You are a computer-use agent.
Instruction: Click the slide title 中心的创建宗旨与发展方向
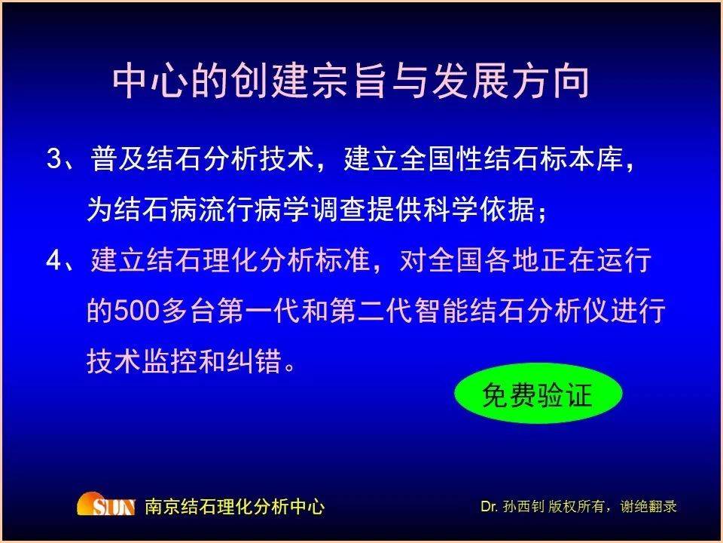tap(351, 81)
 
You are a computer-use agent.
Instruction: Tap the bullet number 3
tap(54, 159)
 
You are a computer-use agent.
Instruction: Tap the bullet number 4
tap(54, 260)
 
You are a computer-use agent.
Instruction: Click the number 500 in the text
tap(136, 311)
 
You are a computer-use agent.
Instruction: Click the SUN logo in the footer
tap(106, 505)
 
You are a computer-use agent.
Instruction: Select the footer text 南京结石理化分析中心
tap(234, 507)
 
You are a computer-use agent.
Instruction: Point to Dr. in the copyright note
tap(489, 507)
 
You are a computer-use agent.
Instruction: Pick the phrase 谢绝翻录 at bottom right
tap(648, 507)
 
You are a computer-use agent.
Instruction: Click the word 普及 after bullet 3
tap(117, 159)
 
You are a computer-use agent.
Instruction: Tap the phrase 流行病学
tap(254, 210)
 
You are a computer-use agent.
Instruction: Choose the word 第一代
tap(258, 311)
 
